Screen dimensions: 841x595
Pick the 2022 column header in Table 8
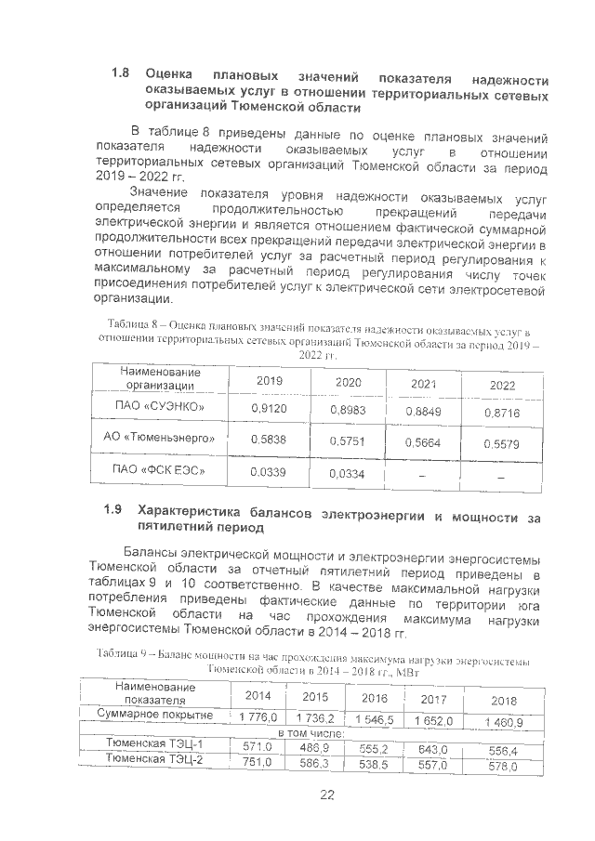502,385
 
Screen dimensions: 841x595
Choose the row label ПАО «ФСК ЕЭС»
159,471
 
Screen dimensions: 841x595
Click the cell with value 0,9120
270,408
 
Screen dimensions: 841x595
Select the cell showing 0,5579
502,443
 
